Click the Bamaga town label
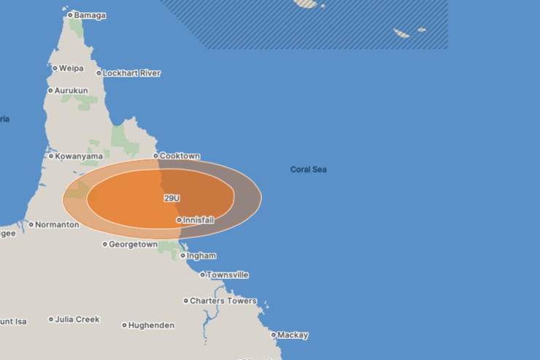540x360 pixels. click(x=90, y=15)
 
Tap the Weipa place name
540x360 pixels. click(x=71, y=68)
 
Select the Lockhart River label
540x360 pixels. click(x=131, y=73)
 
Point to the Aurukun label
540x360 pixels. click(x=72, y=91)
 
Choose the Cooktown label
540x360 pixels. click(x=180, y=156)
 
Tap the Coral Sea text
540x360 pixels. click(x=308, y=169)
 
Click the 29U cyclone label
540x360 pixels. click(x=171, y=198)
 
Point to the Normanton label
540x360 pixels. click(x=57, y=225)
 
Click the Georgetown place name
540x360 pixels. click(x=133, y=245)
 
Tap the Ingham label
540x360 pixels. click(x=201, y=256)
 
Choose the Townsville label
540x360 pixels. click(x=228, y=275)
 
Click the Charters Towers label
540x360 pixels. click(x=223, y=301)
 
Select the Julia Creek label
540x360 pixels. click(x=77, y=319)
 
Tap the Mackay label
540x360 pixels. click(x=293, y=335)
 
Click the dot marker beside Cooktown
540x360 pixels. click(x=155, y=156)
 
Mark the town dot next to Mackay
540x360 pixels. click(x=274, y=335)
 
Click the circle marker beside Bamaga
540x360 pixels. click(x=70, y=15)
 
